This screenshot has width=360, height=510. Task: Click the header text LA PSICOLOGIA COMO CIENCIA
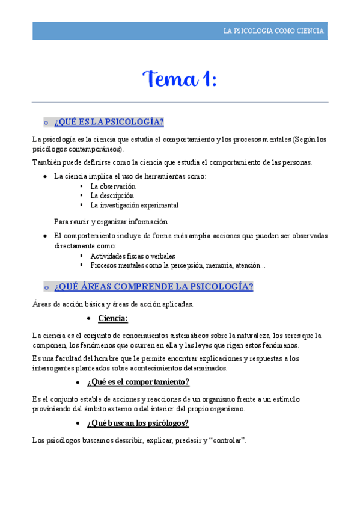273,31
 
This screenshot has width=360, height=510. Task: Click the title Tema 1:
180,78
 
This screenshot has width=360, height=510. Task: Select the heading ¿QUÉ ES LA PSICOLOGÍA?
109,122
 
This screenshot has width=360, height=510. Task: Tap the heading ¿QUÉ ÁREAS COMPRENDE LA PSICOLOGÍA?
153,286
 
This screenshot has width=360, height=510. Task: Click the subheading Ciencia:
113,318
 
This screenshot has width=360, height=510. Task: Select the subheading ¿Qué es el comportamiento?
138,382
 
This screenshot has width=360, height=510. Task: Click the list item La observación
113,186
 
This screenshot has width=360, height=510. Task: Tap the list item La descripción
112,195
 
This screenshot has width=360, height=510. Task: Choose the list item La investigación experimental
134,205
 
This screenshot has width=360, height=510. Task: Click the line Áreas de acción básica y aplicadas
113,304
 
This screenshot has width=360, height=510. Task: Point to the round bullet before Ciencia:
89,318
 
